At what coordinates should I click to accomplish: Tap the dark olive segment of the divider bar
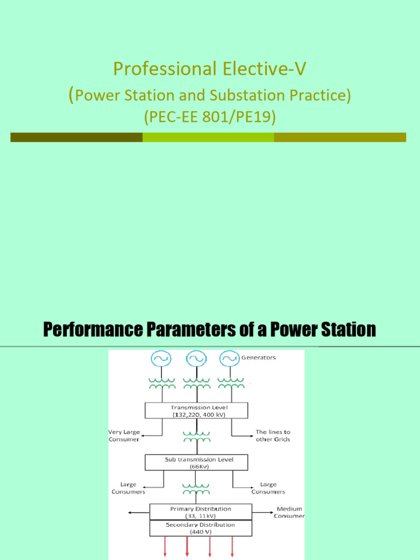(x=76, y=137)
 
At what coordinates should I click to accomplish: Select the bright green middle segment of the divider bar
(x=208, y=137)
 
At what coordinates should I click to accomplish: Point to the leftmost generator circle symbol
(x=161, y=359)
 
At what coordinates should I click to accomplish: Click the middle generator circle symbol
(x=195, y=359)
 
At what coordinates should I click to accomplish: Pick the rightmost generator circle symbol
(x=229, y=359)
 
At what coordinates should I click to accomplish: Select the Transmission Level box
(x=196, y=411)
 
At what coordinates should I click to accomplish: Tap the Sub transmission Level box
(x=196, y=463)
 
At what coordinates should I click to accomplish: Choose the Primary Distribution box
(x=201, y=512)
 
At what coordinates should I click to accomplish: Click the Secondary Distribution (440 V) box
(x=201, y=528)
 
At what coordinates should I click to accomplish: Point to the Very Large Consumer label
(x=124, y=435)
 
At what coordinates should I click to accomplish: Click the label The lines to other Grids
(x=273, y=435)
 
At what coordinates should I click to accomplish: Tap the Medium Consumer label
(x=289, y=512)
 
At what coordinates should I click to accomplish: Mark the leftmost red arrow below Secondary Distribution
(x=165, y=547)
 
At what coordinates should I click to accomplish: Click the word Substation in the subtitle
(x=236, y=96)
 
